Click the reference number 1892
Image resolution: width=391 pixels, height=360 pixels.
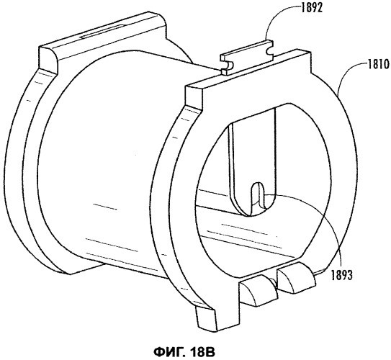point(312,8)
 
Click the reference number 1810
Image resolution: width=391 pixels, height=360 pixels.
point(378,65)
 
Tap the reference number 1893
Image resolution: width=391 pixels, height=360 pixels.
point(341,275)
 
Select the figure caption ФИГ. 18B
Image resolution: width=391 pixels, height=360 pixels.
point(184,352)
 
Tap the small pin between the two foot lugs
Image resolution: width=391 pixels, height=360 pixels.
point(275,282)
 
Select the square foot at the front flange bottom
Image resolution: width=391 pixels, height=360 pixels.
point(207,318)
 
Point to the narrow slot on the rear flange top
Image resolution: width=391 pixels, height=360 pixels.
point(102,32)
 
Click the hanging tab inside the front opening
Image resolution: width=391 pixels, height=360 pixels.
point(253,162)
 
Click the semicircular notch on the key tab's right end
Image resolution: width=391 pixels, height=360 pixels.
point(270,50)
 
